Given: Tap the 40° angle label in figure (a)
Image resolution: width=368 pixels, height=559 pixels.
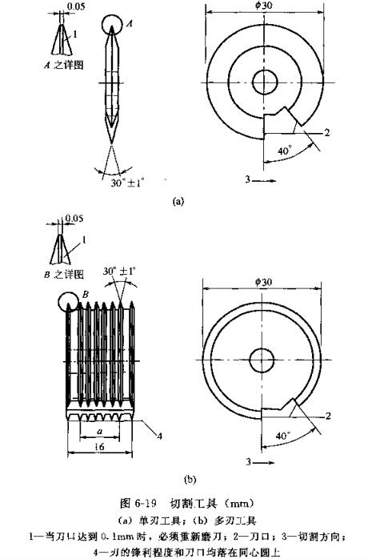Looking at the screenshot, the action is point(284,149).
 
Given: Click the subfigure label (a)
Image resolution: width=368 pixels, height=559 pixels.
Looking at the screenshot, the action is point(178,202).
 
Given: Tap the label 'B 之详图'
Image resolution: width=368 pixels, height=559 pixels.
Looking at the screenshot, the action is point(50,273).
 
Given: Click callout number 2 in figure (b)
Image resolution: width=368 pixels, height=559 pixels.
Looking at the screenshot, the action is point(327,414).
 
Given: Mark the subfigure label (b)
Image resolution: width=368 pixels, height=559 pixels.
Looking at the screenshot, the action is point(190,480).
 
